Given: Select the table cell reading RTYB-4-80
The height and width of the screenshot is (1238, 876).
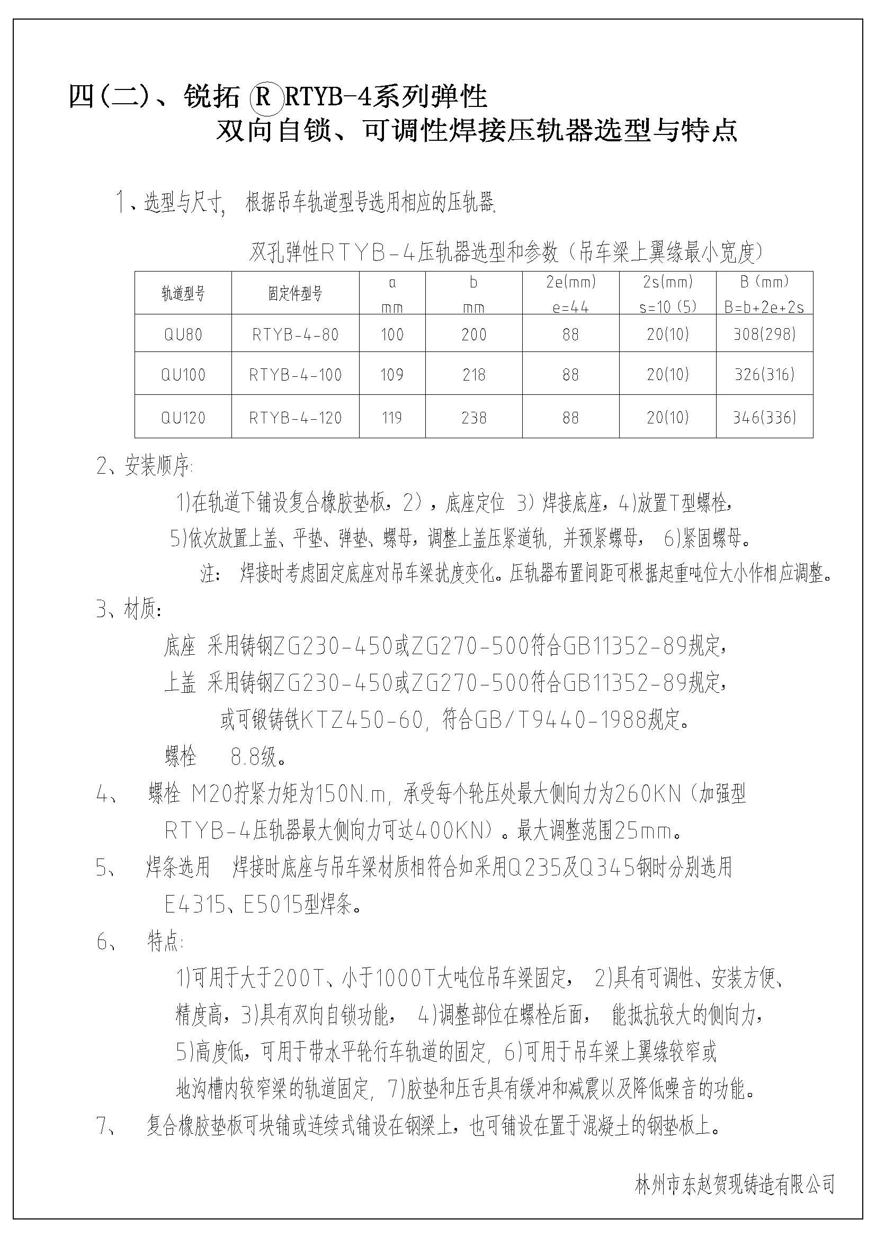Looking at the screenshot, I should [295, 335].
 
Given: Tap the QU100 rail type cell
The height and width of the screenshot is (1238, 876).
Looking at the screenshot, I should [183, 374].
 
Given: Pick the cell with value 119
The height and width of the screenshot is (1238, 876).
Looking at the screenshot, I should [391, 417].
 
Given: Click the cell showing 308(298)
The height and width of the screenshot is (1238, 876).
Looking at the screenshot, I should [764, 335].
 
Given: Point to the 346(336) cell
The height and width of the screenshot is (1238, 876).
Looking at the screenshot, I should [764, 417].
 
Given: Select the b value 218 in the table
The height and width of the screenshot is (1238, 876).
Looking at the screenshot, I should [473, 374].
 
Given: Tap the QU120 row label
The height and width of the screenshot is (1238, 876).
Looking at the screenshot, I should [183, 417].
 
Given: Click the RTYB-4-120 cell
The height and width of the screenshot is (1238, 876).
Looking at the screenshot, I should [295, 417].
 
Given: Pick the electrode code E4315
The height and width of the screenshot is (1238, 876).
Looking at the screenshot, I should [194, 905].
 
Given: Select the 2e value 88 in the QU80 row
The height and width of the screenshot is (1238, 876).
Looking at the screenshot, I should [570, 335].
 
